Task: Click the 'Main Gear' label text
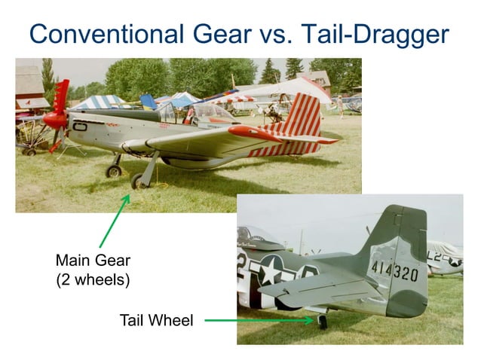click(x=93, y=261)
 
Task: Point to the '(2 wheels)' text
click(x=93, y=279)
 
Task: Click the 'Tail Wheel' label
click(x=156, y=321)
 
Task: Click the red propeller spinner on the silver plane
click(x=54, y=119)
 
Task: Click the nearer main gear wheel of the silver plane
click(x=138, y=181)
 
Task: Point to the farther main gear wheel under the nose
click(x=114, y=170)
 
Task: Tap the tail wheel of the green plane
click(x=323, y=322)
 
